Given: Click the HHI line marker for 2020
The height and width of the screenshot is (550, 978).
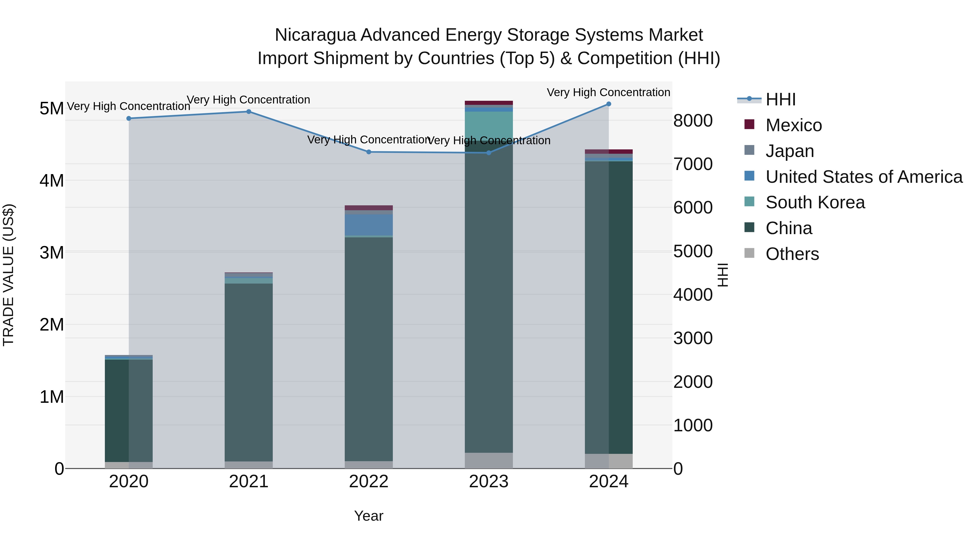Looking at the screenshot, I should pos(129,118).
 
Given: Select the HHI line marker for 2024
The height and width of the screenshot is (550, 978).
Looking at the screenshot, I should pos(609,104).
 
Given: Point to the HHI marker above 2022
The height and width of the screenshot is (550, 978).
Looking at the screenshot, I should pos(369,152).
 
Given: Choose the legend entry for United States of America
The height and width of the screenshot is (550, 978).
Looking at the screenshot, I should pos(864,177).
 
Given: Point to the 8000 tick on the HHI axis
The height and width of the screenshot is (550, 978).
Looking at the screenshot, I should pos(693,121).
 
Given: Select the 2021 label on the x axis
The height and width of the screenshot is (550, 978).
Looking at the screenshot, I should pos(249,482).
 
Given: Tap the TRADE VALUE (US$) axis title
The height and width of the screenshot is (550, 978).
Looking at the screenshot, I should pos(8,275).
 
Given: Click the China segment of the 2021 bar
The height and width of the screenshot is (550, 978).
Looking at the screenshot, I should pos(249,372).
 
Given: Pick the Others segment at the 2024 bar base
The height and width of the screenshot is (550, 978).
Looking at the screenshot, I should pos(609,461).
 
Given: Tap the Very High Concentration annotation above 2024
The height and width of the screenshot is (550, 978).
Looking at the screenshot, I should pos(608,92).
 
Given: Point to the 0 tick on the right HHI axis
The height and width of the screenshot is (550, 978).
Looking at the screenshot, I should pos(678,469).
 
